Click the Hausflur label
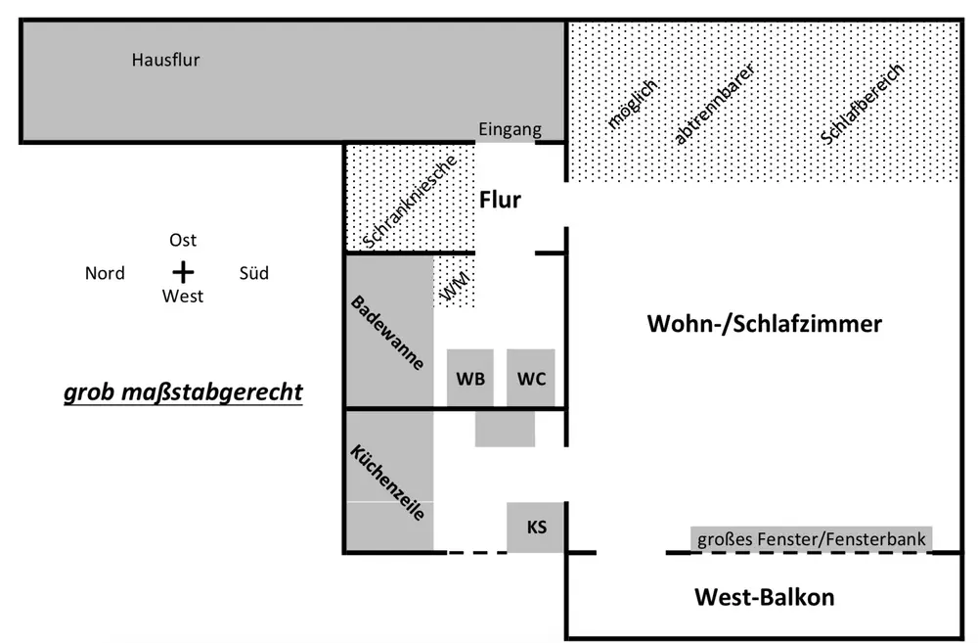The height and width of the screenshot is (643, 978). pyautogui.click(x=165, y=60)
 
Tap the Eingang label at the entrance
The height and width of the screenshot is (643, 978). pyautogui.click(x=509, y=130)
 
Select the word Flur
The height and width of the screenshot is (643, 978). pyautogui.click(x=500, y=201)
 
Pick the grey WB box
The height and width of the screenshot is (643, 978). pyautogui.click(x=470, y=378)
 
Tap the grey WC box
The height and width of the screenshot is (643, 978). pyautogui.click(x=531, y=378)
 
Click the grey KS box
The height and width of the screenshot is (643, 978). pyautogui.click(x=536, y=528)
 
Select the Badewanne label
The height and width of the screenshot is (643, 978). pyautogui.click(x=387, y=333)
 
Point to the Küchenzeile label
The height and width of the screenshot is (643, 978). pyautogui.click(x=387, y=482)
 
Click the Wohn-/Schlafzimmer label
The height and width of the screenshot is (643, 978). pyautogui.click(x=764, y=324)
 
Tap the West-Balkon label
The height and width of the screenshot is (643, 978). pyautogui.click(x=764, y=596)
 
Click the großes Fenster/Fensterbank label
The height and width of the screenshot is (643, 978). pyautogui.click(x=811, y=538)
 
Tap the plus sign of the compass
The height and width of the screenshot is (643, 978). pyautogui.click(x=183, y=272)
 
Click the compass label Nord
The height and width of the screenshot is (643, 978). pyautogui.click(x=105, y=273)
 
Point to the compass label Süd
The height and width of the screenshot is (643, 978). pyautogui.click(x=253, y=273)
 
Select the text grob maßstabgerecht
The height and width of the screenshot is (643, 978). pyautogui.click(x=183, y=393)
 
